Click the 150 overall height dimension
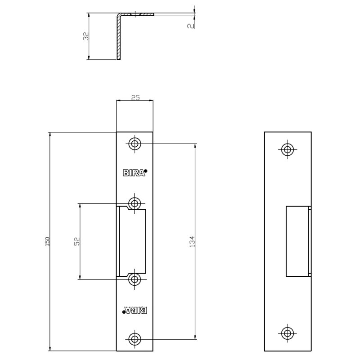click(x=47, y=241)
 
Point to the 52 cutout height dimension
click(x=76, y=241)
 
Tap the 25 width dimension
click(x=135, y=97)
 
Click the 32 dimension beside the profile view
click(x=85, y=36)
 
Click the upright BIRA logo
click(x=134, y=172)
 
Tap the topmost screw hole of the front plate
click(x=135, y=144)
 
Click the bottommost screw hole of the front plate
click(x=135, y=339)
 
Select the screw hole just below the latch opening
click(x=135, y=280)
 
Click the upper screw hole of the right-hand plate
click(x=288, y=149)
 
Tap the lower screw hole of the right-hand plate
click(x=288, y=333)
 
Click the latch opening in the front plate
click(x=132, y=242)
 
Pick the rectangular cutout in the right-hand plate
click(x=297, y=241)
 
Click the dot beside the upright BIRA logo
click(x=146, y=171)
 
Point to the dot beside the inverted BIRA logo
click(x=123, y=311)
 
